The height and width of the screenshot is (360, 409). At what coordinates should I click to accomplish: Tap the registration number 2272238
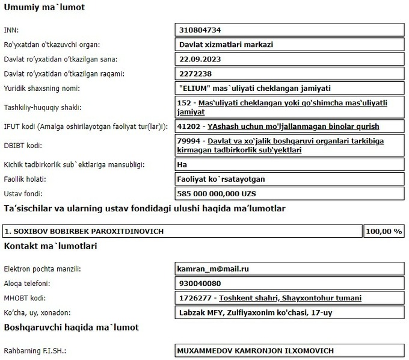tap(196, 73)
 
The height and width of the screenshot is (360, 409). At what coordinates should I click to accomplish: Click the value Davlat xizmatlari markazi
tap(223, 44)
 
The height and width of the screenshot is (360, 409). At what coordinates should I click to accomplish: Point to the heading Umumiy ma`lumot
tap(45, 8)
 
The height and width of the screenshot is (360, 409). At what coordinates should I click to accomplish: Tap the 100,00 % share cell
tap(384, 231)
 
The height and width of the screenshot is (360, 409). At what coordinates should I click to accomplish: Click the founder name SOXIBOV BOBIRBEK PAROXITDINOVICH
tap(84, 231)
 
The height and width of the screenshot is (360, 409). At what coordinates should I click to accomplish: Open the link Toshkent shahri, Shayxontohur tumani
tap(291, 298)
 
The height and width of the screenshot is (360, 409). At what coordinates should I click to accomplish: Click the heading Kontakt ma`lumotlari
tap(51, 246)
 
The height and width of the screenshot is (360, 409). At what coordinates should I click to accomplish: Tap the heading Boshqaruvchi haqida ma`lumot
tap(72, 327)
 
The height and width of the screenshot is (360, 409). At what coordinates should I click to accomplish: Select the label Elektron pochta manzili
tap(42, 269)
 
